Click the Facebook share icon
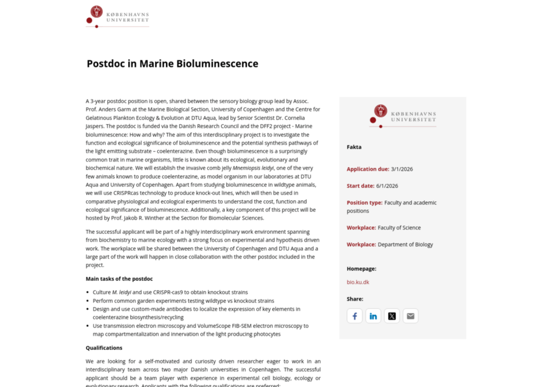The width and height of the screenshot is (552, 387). coord(354,316)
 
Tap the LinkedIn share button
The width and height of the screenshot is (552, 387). coord(373,316)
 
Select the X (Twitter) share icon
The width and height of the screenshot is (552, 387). coord(392,316)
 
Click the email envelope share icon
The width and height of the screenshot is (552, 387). coord(410,316)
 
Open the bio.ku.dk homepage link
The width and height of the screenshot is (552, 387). coord(358,282)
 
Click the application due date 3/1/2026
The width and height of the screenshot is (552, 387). coord(402,169)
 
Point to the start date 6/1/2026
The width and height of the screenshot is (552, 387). coord(387,186)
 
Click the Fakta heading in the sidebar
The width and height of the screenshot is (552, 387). coord(354,147)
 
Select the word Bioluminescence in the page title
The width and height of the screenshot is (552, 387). coord(217,64)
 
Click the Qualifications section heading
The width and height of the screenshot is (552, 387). coord(104,348)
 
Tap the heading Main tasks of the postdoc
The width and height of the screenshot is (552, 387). coord(119,279)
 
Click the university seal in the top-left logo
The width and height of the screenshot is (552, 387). coord(97,12)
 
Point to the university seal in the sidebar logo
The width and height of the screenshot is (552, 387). coord(381,111)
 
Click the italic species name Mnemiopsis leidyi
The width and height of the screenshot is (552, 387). coord(253,168)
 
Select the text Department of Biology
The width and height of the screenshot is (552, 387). coord(405,244)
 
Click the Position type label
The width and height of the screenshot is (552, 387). coord(364,203)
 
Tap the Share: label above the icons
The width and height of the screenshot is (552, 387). coord(355,299)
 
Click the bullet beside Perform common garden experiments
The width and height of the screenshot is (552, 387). coord(87,301)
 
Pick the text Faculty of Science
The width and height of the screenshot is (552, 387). coord(399,228)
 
